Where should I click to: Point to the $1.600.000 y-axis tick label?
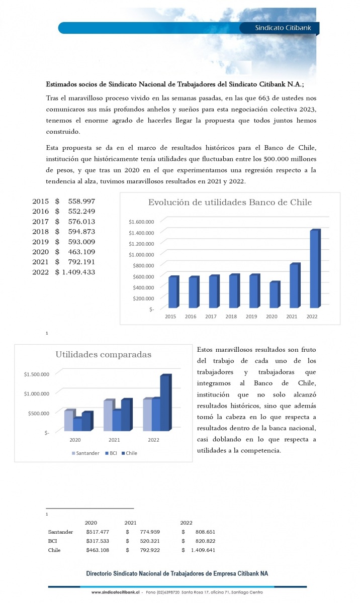[x=141, y=222]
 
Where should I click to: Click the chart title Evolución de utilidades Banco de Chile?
[x=230, y=203]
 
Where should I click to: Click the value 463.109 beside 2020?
[x=81, y=252]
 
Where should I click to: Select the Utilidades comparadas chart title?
[x=103, y=355]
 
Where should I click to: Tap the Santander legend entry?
[x=85, y=453]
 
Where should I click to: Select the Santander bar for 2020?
[x=69, y=421]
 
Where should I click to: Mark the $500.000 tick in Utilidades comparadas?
[x=37, y=413]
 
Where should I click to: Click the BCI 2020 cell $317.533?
[x=98, y=541]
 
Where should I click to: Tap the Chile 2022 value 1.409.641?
[x=203, y=550]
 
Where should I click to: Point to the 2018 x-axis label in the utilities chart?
[x=231, y=317]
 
